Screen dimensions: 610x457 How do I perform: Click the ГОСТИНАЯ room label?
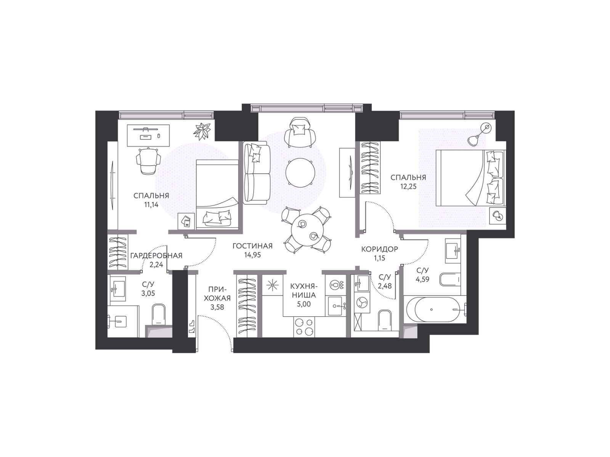[252, 246]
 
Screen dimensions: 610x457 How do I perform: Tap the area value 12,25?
[408, 187]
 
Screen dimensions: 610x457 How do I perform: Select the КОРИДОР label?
[379, 249]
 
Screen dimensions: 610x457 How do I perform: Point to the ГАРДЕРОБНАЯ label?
[156, 256]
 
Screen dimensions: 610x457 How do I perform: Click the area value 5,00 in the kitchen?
[304, 304]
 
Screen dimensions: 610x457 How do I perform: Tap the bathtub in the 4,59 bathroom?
[435, 309]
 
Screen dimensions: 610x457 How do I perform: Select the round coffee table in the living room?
[300, 173]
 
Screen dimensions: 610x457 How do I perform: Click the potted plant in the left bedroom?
[202, 131]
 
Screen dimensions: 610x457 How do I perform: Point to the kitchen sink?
[337, 306]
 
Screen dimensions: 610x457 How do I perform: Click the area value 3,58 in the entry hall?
[217, 307]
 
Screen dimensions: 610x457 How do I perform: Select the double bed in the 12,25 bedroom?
[470, 178]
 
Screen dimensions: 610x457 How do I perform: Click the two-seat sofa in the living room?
[257, 173]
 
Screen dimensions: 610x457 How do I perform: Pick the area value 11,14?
[151, 205]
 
